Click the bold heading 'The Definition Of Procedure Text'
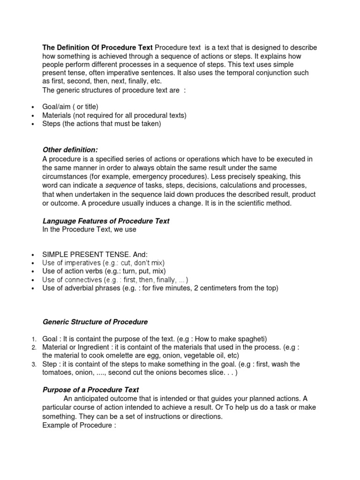tap(97, 47)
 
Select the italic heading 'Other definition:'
tap(70, 150)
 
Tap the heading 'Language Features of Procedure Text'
tap(106, 221)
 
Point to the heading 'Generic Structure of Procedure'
tap(95, 322)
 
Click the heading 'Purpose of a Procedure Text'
tap(90, 390)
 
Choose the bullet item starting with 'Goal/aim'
tap(70, 107)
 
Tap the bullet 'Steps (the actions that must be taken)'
tap(101, 124)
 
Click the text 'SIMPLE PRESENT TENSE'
tap(87, 255)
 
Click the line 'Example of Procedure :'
tap(79, 425)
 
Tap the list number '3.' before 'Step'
tap(34, 365)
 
